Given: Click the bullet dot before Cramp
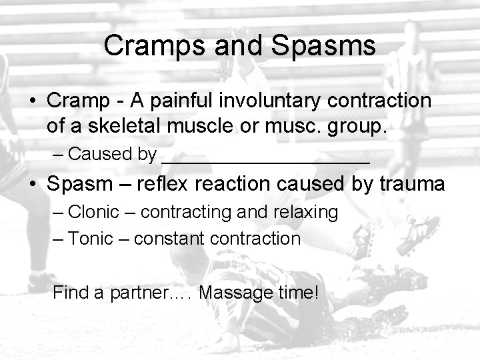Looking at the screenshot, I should [x=32, y=101].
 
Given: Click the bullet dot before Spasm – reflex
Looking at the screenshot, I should [x=32, y=184].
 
